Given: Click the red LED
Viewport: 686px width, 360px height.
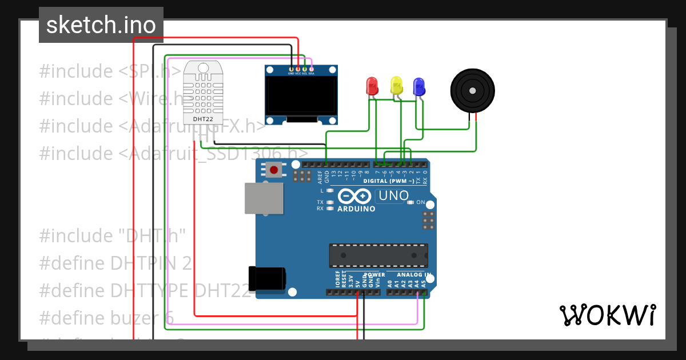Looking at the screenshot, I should (x=372, y=86).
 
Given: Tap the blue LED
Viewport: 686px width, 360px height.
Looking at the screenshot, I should (x=419, y=86).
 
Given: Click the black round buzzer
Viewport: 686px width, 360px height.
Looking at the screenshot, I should (x=472, y=90).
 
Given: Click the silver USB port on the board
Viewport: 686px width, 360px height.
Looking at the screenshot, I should (x=264, y=198).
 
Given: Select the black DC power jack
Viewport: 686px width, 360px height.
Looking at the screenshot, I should (x=267, y=278).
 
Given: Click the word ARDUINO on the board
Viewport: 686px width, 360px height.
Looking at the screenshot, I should (x=356, y=209).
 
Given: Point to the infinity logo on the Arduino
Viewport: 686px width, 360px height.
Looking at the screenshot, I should (x=355, y=196).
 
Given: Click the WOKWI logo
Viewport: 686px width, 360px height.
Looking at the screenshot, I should (x=607, y=315).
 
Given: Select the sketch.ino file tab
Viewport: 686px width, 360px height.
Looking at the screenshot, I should (x=101, y=25).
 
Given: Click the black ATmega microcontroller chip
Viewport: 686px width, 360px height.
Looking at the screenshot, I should (x=378, y=255).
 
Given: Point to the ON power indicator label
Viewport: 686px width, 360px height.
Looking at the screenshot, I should (x=421, y=202).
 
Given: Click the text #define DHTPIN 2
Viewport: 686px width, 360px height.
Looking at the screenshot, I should (x=115, y=263).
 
